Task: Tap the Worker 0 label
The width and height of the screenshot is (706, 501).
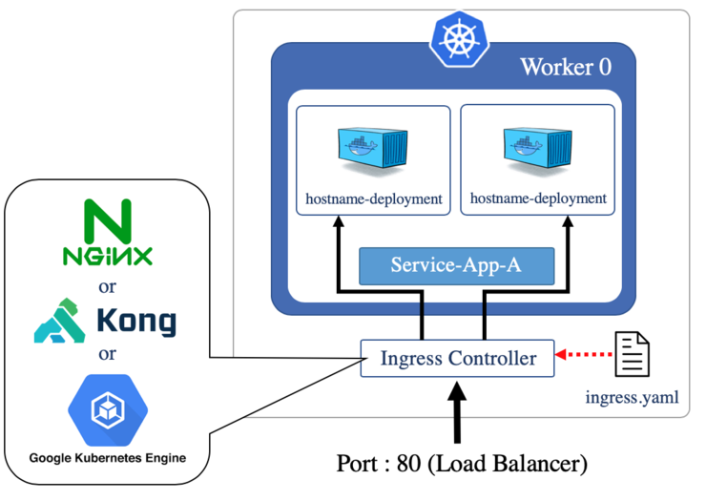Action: click(565, 67)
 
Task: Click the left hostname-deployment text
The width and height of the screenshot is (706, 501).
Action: click(373, 199)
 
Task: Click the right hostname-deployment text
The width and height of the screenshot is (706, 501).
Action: click(538, 199)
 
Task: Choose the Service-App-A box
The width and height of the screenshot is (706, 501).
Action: click(456, 264)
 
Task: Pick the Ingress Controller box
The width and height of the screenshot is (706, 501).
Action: click(457, 359)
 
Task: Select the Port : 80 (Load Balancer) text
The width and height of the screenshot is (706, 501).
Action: click(461, 465)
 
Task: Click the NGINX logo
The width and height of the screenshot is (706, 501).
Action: click(107, 233)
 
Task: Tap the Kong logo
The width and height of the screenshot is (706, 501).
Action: click(105, 321)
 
